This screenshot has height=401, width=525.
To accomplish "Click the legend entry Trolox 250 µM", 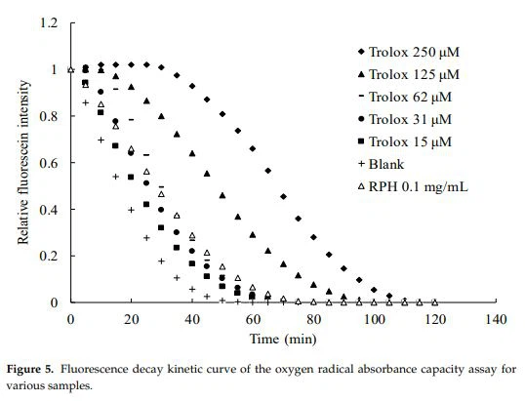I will [421, 52].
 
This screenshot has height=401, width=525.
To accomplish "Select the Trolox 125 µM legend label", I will [421, 74].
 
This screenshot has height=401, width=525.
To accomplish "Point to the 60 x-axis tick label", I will [253, 319].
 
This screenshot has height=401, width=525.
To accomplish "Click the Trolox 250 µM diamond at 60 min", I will [253, 148].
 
